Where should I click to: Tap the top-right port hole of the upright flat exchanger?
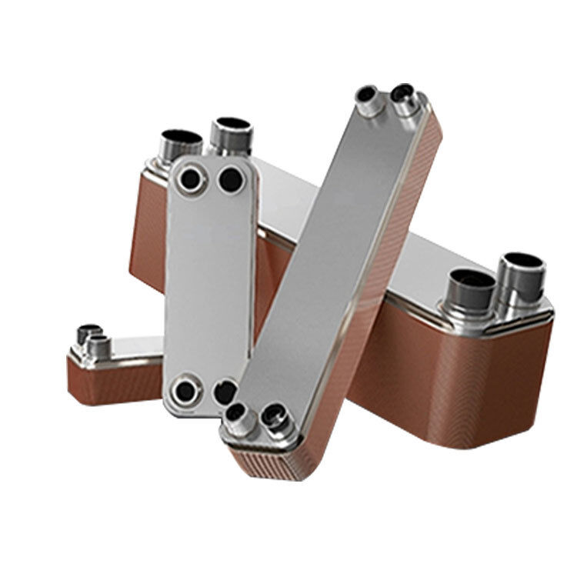229,180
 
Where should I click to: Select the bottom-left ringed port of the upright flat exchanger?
185,391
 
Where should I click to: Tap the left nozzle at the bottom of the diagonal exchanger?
237,415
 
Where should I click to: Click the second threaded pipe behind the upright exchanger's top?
229,135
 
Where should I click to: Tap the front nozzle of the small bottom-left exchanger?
98,348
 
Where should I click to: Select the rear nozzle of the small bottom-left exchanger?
86,335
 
